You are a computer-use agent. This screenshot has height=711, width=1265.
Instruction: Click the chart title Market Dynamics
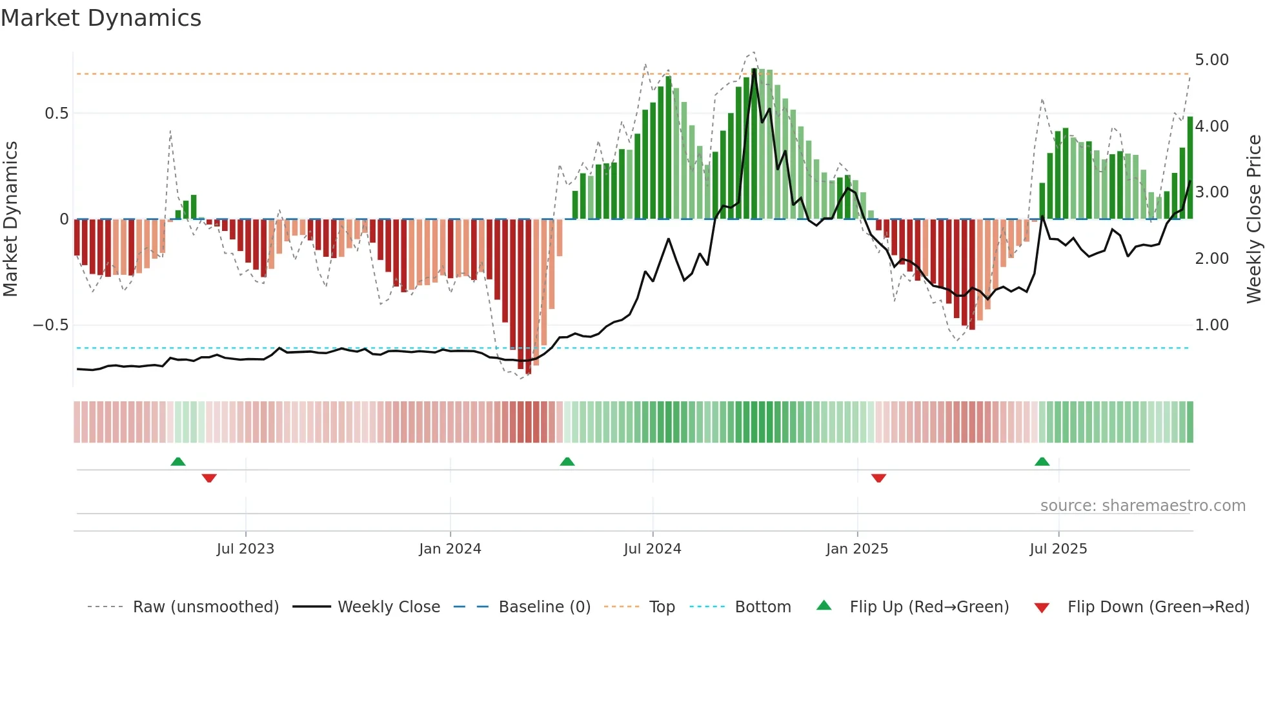tap(101, 18)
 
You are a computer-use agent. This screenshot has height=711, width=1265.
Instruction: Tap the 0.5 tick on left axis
tap(56, 114)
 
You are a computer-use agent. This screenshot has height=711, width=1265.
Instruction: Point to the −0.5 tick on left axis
tap(51, 325)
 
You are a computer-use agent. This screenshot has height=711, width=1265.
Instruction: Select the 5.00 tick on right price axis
tap(1211, 60)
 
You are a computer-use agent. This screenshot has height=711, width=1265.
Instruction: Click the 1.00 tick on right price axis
tap(1211, 325)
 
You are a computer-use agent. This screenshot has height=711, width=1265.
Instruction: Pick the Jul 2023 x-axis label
tap(245, 549)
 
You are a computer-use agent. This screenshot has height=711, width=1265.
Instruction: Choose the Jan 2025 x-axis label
tap(856, 549)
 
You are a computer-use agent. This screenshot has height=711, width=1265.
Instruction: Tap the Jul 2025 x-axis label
tap(1058, 549)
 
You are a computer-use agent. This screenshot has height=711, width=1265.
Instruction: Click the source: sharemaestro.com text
tap(1142, 506)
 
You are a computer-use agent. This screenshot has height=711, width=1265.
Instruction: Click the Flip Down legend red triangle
tap(1041, 608)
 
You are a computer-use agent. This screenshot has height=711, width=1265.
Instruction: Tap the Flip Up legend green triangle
tap(824, 606)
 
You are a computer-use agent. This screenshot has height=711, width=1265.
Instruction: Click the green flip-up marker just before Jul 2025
tap(1042, 462)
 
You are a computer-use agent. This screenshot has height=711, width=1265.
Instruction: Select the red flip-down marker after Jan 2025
tap(878, 478)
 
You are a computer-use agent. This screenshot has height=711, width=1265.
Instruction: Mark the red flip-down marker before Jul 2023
tap(209, 478)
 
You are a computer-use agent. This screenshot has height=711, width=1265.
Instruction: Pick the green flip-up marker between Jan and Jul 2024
tap(567, 462)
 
